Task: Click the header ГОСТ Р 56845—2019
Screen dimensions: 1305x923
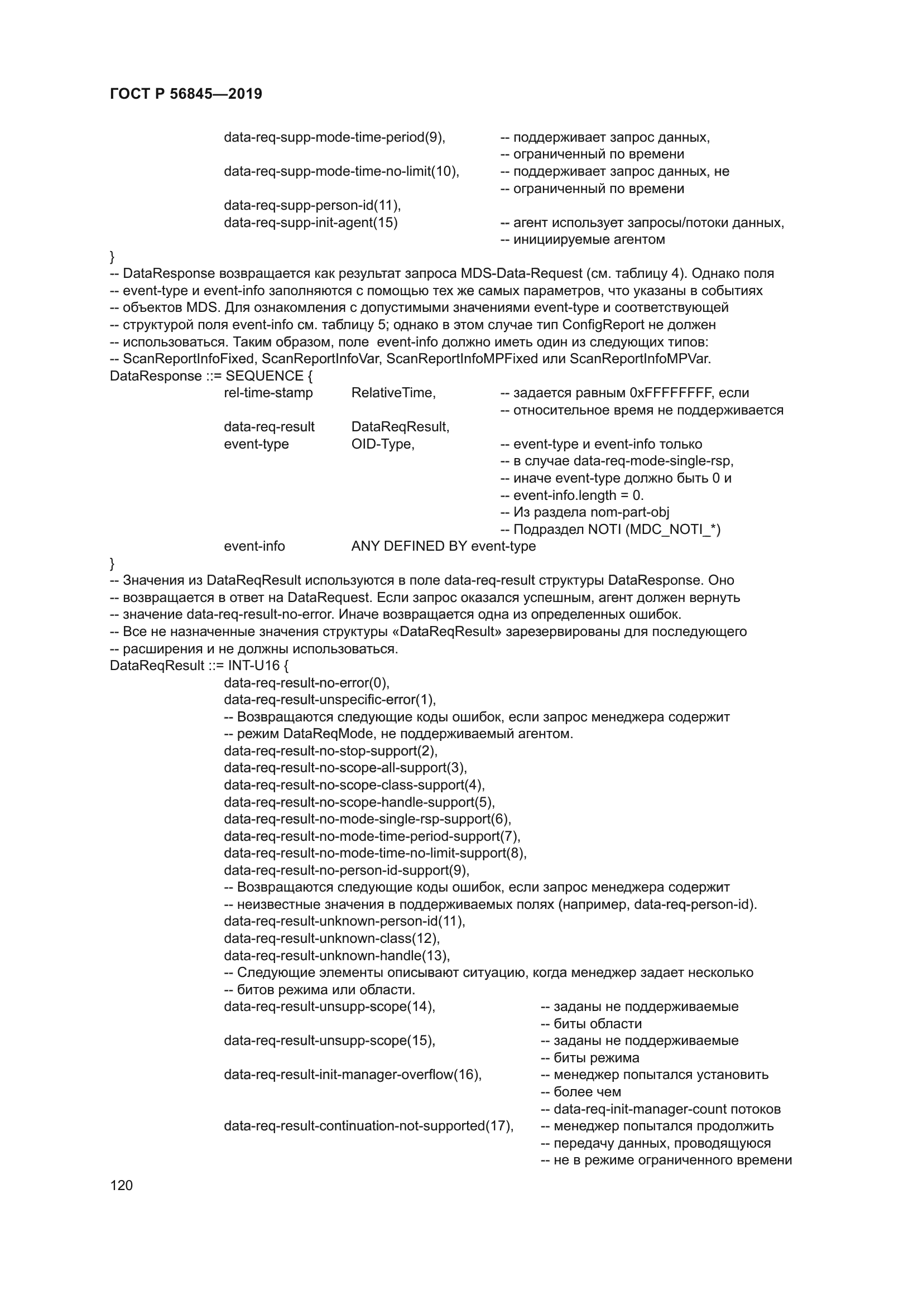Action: [186, 94]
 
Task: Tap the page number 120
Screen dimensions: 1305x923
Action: [121, 1185]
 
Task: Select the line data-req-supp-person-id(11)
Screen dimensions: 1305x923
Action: [312, 205]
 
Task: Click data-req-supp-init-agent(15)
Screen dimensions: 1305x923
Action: [310, 222]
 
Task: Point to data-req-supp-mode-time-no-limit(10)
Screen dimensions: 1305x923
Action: [341, 171]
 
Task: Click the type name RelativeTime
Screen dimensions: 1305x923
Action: [393, 393]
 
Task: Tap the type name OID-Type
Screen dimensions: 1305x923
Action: [382, 444]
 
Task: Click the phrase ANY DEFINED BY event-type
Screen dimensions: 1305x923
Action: [443, 546]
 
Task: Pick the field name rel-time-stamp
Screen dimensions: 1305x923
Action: [268, 393]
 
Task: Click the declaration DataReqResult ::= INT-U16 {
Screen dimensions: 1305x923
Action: [199, 666]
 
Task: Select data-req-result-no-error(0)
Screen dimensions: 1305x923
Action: [306, 682]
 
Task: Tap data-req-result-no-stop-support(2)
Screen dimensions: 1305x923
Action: [331, 751]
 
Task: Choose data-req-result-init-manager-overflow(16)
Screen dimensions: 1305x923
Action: [352, 1075]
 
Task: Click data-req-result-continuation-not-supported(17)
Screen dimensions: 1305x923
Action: [368, 1126]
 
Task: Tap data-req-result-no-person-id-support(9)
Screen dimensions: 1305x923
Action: [347, 870]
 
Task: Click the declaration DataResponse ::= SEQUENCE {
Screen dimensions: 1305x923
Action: [211, 375]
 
